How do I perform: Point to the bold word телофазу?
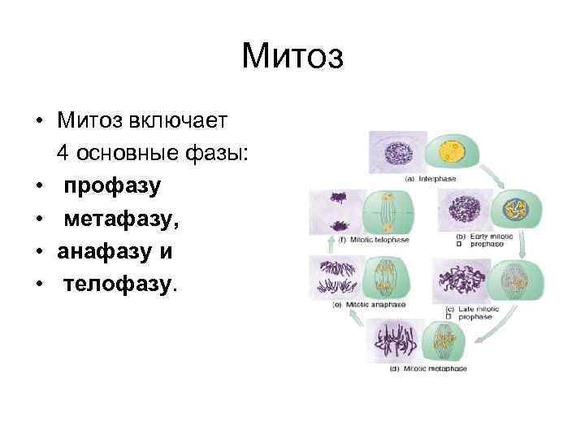(x=119, y=284)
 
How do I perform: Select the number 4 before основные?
(x=63, y=154)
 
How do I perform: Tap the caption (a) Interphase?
(x=432, y=178)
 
